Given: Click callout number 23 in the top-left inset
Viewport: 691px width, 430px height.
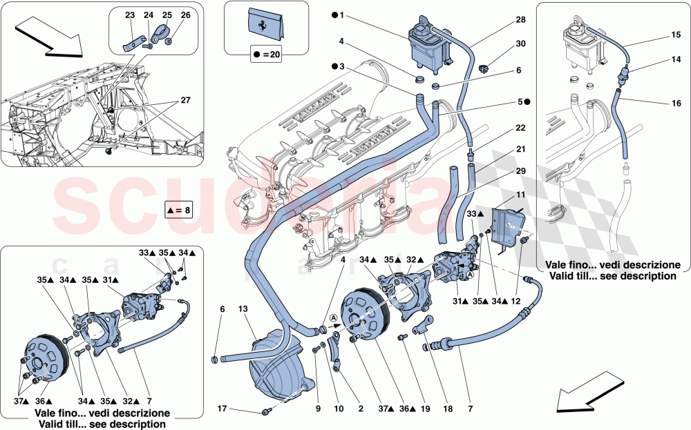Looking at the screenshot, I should pos(131,14).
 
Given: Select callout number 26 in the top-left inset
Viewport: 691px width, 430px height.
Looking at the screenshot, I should pos(185,14).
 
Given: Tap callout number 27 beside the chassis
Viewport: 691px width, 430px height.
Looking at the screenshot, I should pos(184,100).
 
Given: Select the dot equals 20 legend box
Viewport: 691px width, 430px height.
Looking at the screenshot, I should pos(267,52).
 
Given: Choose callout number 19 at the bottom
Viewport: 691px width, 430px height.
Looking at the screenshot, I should pos(425,409).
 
